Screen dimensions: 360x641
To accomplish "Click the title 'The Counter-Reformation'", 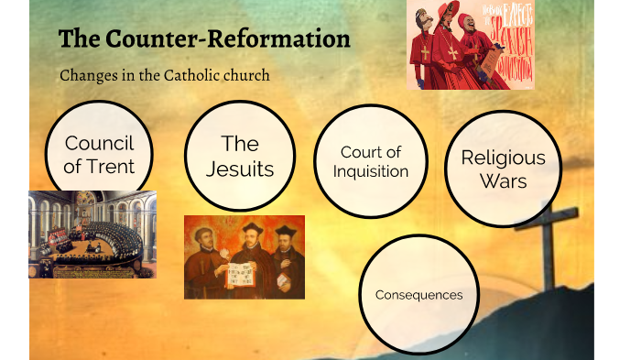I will tap(204, 40).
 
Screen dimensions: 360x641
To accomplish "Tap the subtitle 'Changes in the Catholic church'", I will tap(165, 75).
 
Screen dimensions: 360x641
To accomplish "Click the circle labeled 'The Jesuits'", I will tap(240, 156).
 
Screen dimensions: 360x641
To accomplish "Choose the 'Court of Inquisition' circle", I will tap(370, 161).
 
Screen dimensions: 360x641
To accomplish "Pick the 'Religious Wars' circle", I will tap(503, 169).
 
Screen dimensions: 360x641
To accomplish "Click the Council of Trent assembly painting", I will tap(92, 234).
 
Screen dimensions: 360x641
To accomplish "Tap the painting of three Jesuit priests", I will tap(244, 256).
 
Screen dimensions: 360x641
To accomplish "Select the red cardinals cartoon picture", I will tap(470, 44).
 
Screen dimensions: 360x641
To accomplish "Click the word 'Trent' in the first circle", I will tap(111, 166).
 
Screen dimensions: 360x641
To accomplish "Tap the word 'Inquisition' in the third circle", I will tap(370, 171).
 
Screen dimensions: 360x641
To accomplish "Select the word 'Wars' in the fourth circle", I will tap(503, 180).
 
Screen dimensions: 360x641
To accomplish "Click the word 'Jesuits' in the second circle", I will tap(240, 169).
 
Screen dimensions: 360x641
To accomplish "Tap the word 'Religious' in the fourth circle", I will tap(503, 158).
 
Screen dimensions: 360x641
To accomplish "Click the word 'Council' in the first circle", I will tap(99, 144).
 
